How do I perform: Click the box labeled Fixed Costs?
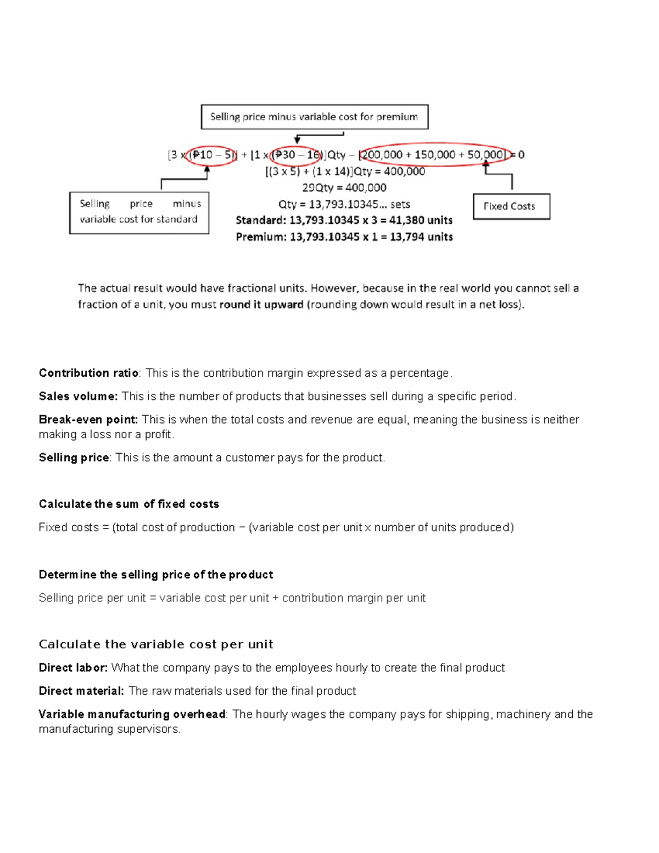[511, 207]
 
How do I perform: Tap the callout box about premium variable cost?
[314, 117]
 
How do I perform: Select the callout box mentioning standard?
[139, 212]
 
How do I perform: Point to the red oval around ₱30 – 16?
[297, 155]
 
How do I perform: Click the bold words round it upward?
[261, 304]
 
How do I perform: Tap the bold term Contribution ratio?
[88, 373]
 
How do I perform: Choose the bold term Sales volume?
[78, 396]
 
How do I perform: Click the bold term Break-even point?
[88, 420]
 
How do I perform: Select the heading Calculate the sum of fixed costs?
[129, 504]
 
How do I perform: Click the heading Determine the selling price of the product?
[155, 575]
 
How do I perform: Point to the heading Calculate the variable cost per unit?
[155, 644]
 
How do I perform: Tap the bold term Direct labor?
[73, 667]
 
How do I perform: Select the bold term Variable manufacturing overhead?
[132, 714]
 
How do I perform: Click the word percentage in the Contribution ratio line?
[420, 373]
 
